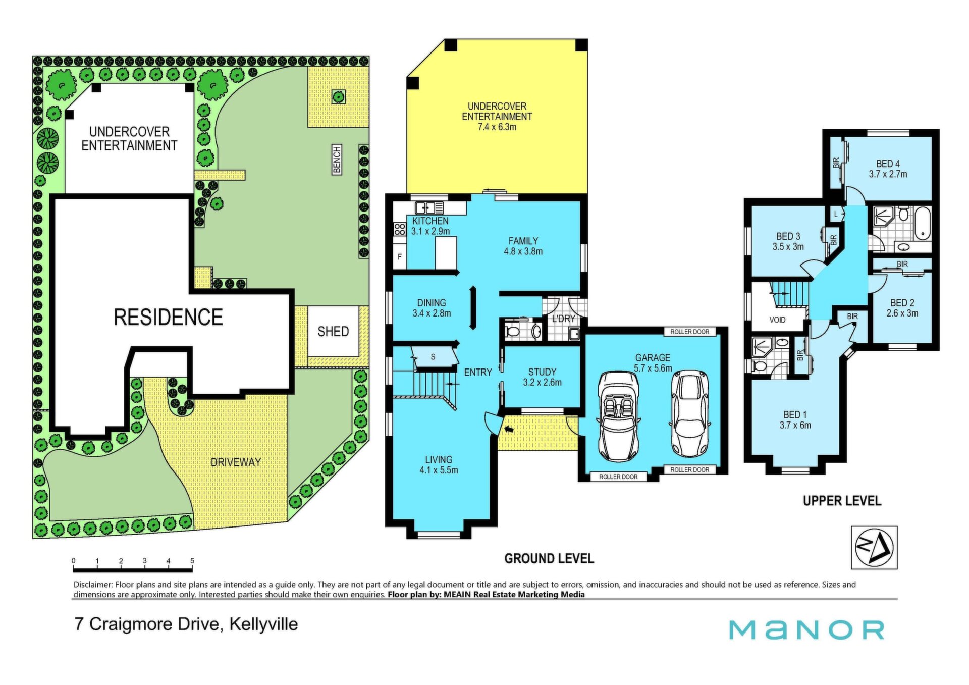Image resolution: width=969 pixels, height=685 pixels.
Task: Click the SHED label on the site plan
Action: (x=333, y=331)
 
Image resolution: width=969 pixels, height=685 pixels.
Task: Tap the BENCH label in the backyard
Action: (x=337, y=160)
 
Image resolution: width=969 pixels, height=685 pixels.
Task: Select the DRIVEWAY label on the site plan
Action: (x=236, y=462)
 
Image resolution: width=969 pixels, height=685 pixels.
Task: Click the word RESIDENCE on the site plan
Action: (x=168, y=318)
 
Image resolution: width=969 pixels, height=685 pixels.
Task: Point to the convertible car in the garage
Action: (x=618, y=416)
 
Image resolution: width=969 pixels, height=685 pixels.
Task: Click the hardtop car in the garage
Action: (x=689, y=414)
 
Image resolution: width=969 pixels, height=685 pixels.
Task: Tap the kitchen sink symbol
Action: (x=429, y=207)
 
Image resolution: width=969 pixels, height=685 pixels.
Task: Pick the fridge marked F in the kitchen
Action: (x=400, y=257)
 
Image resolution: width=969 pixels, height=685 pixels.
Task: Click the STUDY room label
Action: (x=542, y=372)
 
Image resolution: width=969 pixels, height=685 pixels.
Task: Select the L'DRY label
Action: (x=563, y=319)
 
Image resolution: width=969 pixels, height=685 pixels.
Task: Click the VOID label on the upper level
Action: (x=777, y=320)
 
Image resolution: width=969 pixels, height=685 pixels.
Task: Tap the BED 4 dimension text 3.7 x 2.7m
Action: (x=888, y=174)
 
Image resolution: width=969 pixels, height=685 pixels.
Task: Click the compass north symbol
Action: (x=874, y=548)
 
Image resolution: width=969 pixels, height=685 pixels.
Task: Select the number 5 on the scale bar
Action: (x=192, y=561)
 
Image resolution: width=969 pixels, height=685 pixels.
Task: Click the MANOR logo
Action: (x=806, y=630)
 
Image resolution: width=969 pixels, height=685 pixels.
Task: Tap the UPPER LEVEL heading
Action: (x=842, y=501)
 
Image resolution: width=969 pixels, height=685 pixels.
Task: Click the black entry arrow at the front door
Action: (x=509, y=430)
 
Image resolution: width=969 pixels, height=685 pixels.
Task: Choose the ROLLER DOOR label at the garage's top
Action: (x=689, y=332)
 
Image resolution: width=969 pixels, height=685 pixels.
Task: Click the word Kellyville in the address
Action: (x=263, y=624)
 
